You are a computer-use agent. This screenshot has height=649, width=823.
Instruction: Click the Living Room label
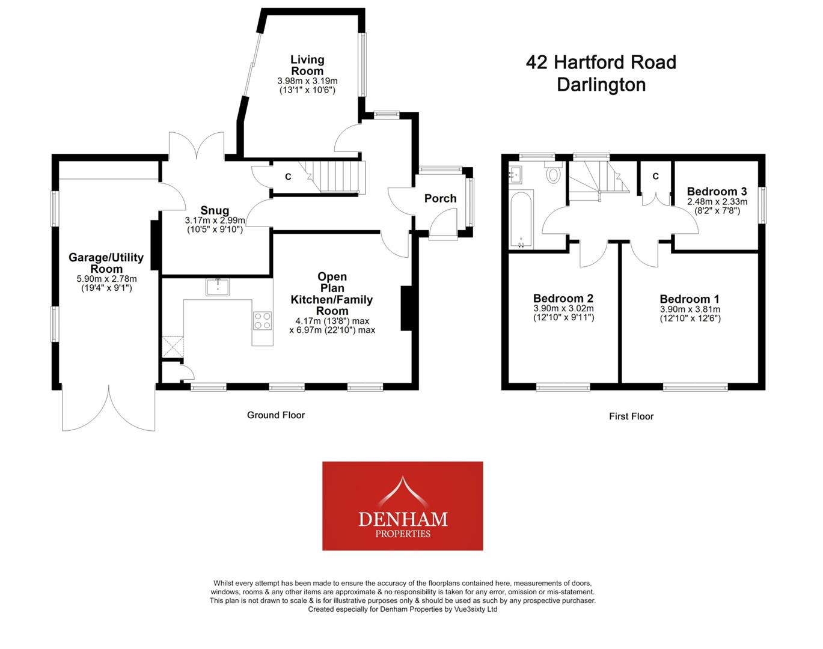[307, 65]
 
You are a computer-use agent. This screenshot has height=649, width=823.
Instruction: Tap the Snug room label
[215, 210]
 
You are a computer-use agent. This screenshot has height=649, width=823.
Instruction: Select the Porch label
[440, 198]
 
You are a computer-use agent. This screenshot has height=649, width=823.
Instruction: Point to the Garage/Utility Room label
[106, 263]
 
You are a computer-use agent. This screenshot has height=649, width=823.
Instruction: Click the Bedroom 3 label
[717, 192]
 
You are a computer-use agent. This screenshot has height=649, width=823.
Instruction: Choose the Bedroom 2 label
[563, 298]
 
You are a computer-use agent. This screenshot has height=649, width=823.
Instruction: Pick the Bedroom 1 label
[690, 299]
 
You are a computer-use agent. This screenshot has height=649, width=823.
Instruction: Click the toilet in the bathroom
[552, 175]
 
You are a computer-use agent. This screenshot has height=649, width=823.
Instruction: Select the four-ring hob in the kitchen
[263, 320]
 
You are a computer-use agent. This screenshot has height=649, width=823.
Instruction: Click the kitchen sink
[217, 288]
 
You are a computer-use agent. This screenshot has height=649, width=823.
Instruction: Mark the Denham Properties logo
[402, 506]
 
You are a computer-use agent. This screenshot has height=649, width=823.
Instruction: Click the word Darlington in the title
[601, 84]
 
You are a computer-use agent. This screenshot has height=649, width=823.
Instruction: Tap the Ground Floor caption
[276, 415]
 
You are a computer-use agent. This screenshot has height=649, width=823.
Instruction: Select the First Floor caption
[631, 416]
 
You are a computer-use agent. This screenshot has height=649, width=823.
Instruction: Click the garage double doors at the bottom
[109, 409]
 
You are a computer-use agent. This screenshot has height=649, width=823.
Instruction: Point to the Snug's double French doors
[196, 145]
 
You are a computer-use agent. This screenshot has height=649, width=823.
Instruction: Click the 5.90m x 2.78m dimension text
[106, 279]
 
